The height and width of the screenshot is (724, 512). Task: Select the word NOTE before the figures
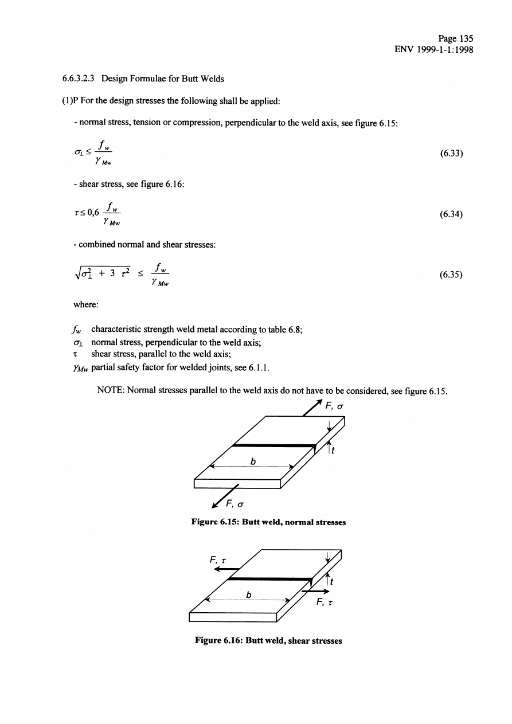point(112,392)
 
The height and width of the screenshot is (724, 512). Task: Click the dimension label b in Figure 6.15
point(251,460)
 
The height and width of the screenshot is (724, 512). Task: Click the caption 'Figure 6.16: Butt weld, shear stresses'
point(268,641)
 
